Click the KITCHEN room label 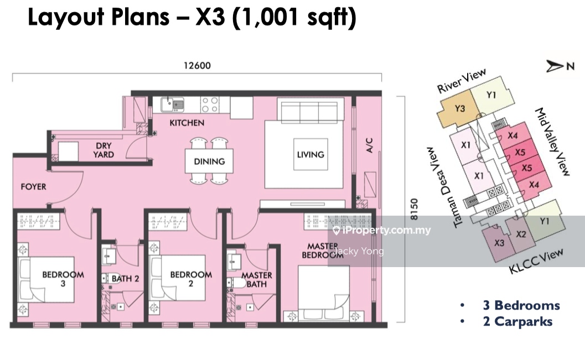pyautogui.click(x=187, y=123)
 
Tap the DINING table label pyautogui.click(x=209, y=161)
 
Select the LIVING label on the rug pyautogui.click(x=310, y=154)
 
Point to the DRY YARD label pyautogui.click(x=103, y=150)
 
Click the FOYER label pyautogui.click(x=34, y=186)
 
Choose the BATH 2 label pyautogui.click(x=125, y=278)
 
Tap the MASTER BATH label pyautogui.click(x=257, y=279)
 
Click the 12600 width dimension pyautogui.click(x=197, y=66)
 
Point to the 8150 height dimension pyautogui.click(x=414, y=209)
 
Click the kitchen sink pyautogui.click(x=172, y=105)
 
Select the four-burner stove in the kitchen pyautogui.click(x=210, y=105)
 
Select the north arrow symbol pyautogui.click(x=555, y=66)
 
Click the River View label pyautogui.click(x=462, y=81)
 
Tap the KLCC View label pyautogui.click(x=536, y=261)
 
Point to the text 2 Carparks pyautogui.click(x=517, y=322)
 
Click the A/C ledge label pyautogui.click(x=369, y=145)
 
